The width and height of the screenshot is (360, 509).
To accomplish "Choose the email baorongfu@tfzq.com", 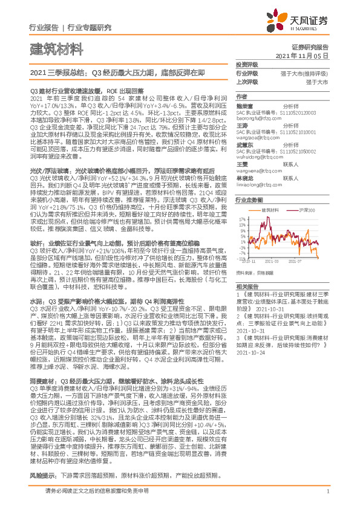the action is (258, 118).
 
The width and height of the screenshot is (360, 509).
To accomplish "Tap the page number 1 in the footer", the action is (327, 491).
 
